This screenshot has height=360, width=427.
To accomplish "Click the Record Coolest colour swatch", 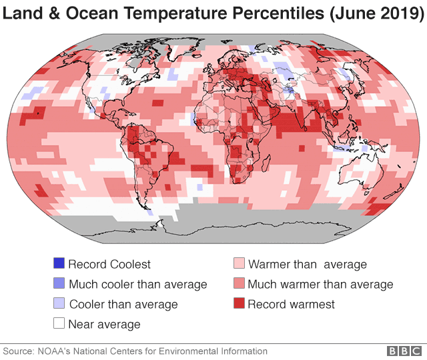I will (58, 264).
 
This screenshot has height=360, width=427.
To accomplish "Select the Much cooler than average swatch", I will (58, 284).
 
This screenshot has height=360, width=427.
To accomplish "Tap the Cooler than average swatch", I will (58, 304).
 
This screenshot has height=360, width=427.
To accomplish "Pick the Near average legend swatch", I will (58, 324).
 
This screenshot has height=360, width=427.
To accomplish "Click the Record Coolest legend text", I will (109, 265).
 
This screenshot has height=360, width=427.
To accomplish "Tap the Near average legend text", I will (104, 325).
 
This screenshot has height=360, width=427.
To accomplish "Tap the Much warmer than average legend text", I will (320, 285).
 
